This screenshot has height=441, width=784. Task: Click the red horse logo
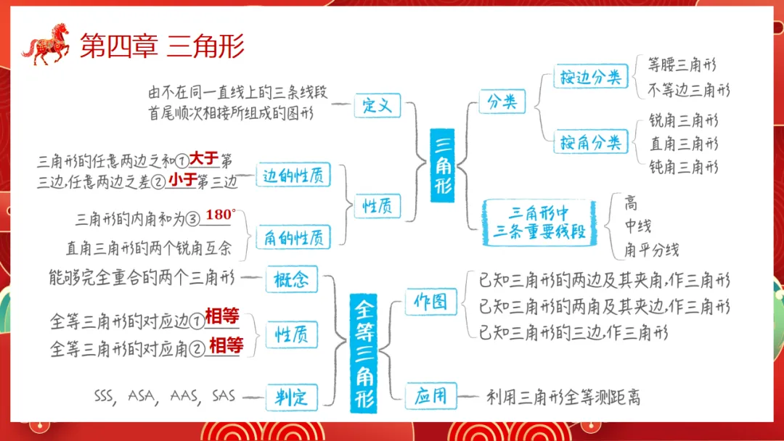click(46, 44)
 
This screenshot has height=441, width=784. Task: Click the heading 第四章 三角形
click(161, 46)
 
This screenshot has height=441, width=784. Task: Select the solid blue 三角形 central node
click(442, 165)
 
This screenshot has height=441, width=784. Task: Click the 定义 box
click(377, 106)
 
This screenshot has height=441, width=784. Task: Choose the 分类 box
click(502, 102)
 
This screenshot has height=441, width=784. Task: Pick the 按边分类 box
click(590, 76)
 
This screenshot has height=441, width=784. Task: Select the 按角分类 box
click(590, 141)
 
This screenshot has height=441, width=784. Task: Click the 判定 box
click(291, 397)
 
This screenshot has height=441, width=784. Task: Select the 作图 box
click(430, 301)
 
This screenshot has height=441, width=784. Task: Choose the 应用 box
click(430, 396)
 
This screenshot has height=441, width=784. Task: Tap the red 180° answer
click(221, 215)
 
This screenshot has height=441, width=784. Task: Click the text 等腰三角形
click(682, 65)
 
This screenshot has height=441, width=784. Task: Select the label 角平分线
click(651, 250)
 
